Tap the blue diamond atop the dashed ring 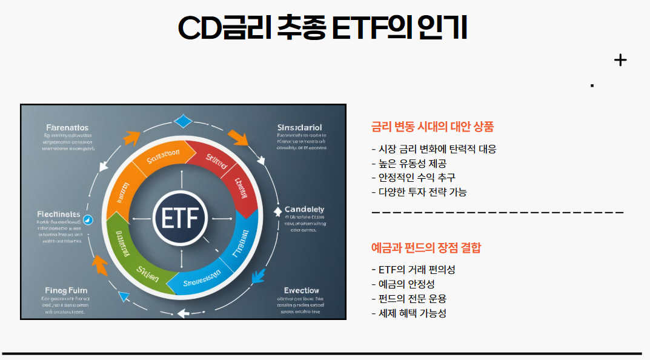pos(182,121)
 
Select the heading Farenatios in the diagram pos(67,127)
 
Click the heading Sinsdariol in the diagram pos(299,127)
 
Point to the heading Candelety pos(304,209)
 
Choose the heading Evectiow pos(301,290)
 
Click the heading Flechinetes pos(58,214)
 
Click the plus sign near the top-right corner pos(620,60)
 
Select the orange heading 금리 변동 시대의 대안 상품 pos(432,127)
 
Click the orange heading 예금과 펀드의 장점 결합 pos(425,247)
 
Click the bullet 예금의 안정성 pos(403,284)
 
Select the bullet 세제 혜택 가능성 pos(409,313)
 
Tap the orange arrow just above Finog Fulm pos(99,265)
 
